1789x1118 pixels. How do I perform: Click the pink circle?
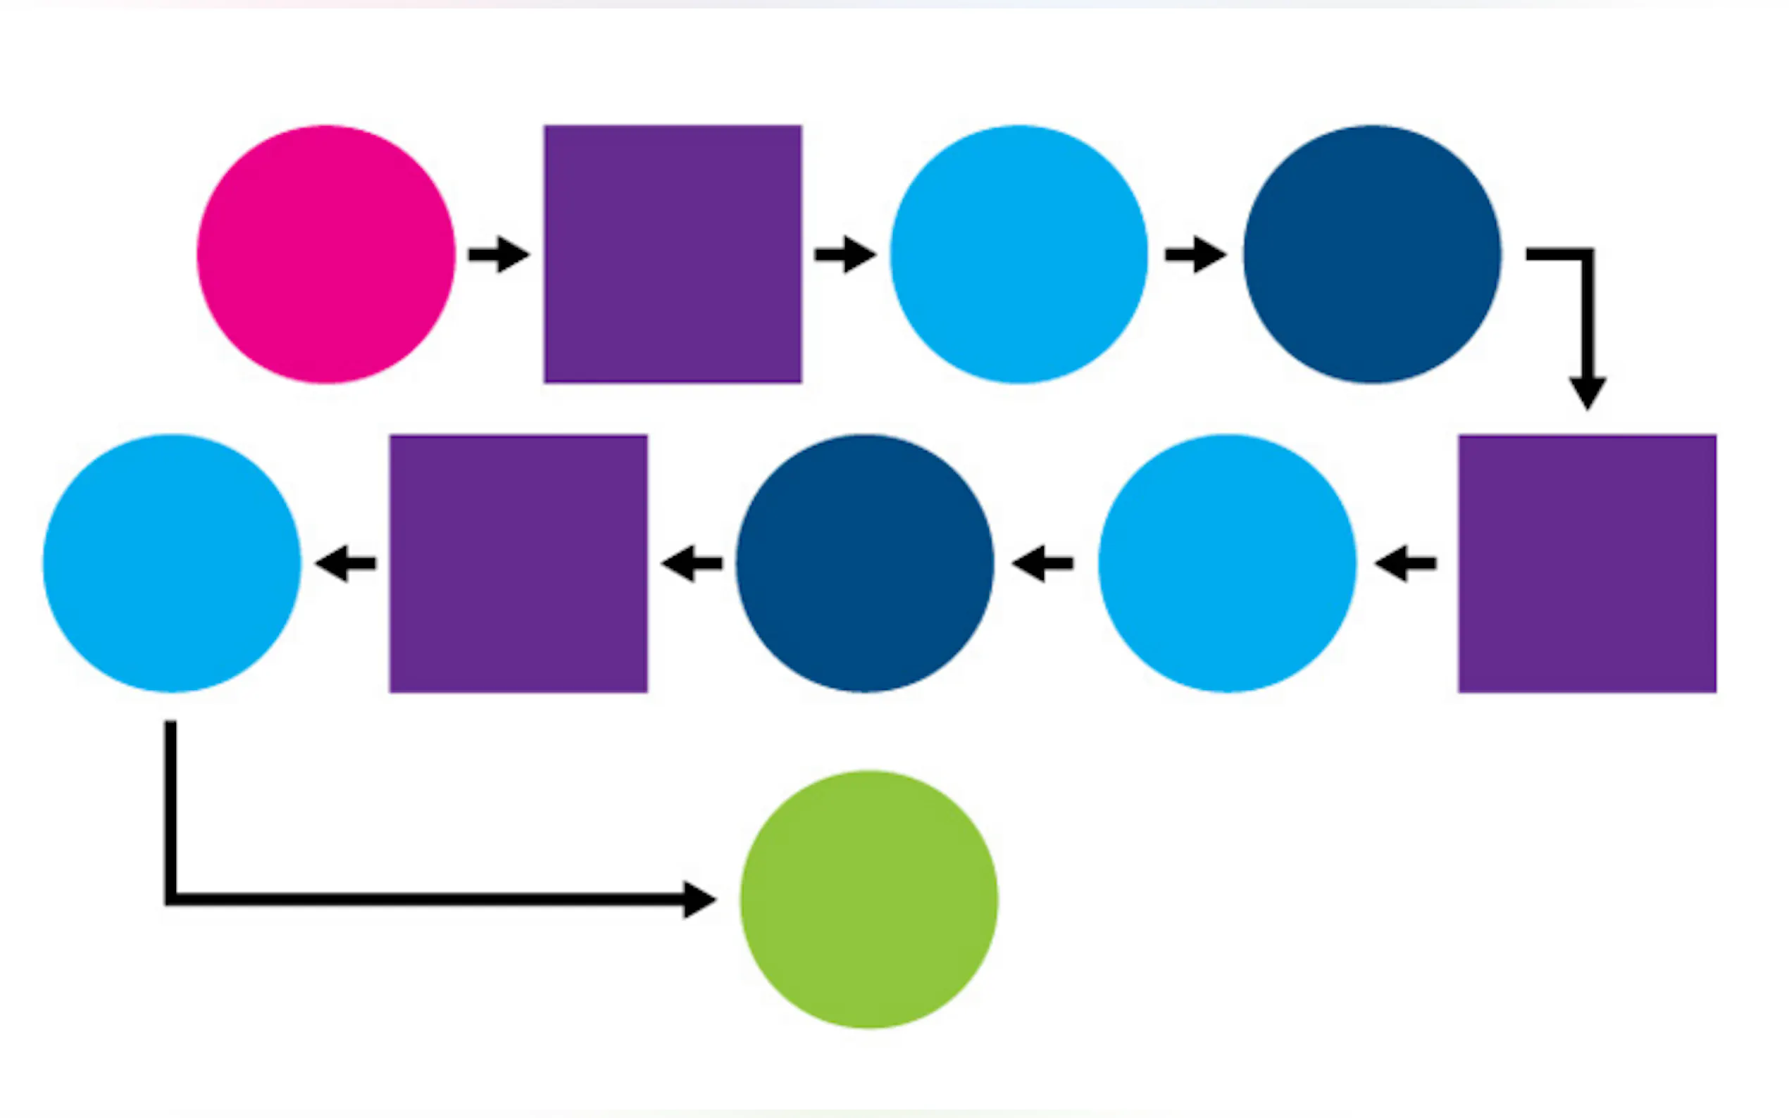click(x=325, y=254)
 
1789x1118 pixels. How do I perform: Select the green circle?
click(x=869, y=899)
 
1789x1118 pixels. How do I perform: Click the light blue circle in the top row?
click(x=1018, y=254)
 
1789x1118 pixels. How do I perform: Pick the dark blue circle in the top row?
click(x=1372, y=254)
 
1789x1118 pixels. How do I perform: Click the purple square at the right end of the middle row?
click(x=1587, y=563)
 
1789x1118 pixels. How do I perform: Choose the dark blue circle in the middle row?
click(x=864, y=563)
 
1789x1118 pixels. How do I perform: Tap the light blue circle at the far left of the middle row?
click(x=172, y=563)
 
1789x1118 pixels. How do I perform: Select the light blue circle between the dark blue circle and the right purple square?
click(x=1227, y=563)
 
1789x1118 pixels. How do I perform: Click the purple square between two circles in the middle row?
click(x=518, y=563)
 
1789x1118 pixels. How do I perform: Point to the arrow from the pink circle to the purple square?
click(x=499, y=254)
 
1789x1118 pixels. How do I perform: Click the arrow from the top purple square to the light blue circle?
click(x=844, y=254)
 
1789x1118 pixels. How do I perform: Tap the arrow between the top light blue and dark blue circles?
click(x=1195, y=254)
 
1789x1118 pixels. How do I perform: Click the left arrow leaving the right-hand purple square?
click(x=1405, y=563)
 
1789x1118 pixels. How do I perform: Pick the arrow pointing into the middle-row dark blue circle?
click(x=1043, y=563)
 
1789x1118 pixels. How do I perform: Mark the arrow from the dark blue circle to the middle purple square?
click(x=692, y=563)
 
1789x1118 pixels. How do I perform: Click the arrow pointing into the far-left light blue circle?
click(x=345, y=563)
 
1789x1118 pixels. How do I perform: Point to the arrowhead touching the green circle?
click(x=698, y=899)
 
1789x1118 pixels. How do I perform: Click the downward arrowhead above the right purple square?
click(x=1587, y=392)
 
